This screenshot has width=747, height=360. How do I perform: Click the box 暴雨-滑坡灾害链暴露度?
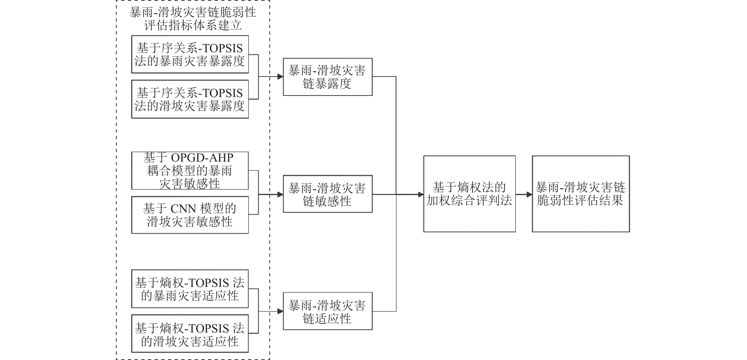click(327, 77)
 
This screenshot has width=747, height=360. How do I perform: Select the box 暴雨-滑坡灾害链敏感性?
click(327, 194)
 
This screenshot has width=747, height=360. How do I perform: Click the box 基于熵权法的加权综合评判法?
click(469, 194)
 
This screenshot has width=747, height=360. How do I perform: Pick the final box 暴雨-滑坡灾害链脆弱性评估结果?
click(580, 194)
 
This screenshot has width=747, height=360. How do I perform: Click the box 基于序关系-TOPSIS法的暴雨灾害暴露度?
click(190, 55)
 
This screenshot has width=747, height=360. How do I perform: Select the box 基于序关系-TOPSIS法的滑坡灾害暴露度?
click(190, 99)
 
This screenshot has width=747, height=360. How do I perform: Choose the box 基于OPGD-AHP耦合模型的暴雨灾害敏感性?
click(190, 171)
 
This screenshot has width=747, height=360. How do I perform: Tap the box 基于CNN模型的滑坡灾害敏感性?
click(190, 215)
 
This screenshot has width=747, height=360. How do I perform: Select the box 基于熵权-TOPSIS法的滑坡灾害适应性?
click(190, 334)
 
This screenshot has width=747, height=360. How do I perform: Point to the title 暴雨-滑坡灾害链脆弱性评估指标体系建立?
click(193, 19)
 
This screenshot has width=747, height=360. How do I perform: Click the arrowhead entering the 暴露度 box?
click(280, 77)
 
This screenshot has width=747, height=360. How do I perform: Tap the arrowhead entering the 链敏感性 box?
click(280, 194)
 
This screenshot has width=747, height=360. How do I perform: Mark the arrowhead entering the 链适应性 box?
click(280, 311)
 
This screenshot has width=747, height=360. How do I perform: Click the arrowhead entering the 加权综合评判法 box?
click(420, 194)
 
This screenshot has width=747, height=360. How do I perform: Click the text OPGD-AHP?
click(202, 158)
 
